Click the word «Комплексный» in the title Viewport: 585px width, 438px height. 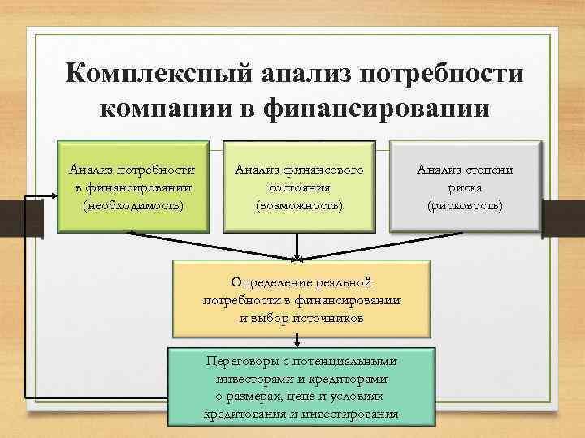coord(159,75)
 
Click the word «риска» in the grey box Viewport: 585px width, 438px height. coord(466,187)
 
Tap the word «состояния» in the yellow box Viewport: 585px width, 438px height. coord(299,187)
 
